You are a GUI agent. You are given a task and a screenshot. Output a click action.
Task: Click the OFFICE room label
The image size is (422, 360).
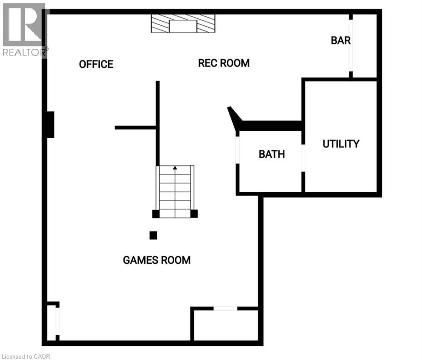click(96, 64)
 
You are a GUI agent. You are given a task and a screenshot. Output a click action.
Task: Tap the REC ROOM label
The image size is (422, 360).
click(223, 63)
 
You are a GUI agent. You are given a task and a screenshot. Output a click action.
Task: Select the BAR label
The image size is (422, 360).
click(341, 40)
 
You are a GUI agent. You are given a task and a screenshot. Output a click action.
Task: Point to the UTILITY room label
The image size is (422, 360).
click(341, 144)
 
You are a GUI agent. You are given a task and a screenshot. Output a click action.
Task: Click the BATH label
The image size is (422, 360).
click(272, 154)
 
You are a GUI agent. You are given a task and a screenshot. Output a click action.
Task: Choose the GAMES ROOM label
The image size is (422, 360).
click(156, 260)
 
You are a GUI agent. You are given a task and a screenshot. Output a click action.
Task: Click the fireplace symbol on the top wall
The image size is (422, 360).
click(183, 23)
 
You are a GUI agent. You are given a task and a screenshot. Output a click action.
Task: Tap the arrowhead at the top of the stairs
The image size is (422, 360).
click(175, 167)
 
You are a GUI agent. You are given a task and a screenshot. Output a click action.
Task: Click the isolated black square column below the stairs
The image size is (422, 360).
click(153, 235)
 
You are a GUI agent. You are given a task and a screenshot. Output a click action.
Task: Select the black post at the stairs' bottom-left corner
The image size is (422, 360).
click(156, 214)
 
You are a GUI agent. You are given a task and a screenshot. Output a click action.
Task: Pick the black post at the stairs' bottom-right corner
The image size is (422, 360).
click(194, 214)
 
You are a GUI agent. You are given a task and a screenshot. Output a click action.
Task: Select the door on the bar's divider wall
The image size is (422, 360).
click(350, 45)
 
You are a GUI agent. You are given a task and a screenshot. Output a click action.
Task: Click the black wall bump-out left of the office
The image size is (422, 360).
click(50, 125)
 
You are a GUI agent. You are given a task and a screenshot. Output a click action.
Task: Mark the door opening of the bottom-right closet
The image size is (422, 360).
click(225, 308)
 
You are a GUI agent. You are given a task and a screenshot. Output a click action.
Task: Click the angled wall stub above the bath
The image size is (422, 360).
click(234, 117)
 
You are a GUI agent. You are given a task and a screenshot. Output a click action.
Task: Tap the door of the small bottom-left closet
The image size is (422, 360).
click(58, 321)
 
